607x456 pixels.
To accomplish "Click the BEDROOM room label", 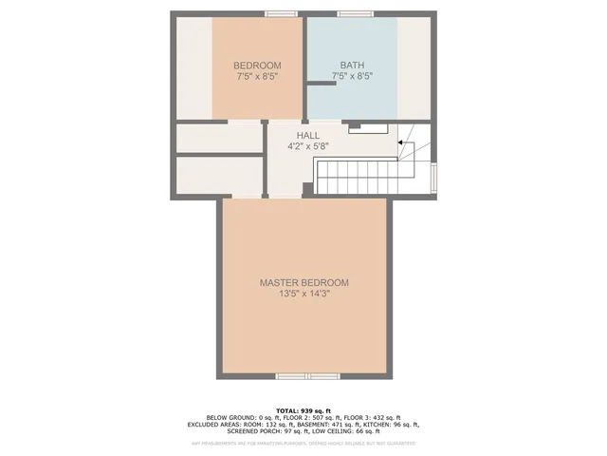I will pos(256,66).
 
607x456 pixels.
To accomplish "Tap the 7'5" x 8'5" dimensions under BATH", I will pos(351,77).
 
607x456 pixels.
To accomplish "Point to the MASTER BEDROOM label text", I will pos(304,283).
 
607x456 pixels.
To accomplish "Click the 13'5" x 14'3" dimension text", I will pos(304,294).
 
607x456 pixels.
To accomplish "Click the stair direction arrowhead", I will pos(400,143).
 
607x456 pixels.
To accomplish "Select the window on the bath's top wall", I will pos(354,13).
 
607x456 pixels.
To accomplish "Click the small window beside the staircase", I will pos(433,177).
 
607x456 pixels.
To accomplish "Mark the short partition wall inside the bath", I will pos(321,84).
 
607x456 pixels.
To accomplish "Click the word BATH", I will pos(351,66).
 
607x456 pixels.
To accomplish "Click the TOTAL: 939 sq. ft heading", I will pos(303,409).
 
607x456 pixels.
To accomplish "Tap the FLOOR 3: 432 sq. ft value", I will pos(373,417).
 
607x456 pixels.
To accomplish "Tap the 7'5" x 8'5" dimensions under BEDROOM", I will pos(256,77).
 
